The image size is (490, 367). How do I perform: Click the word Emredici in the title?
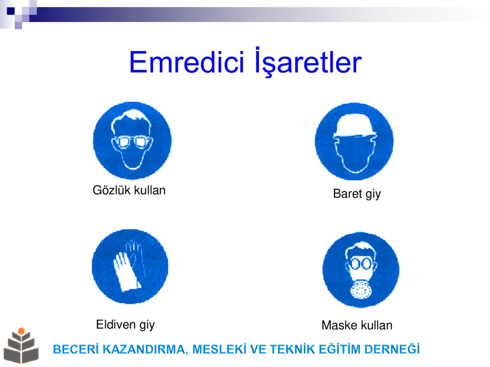(186, 62)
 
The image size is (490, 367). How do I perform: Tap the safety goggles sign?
(132, 141)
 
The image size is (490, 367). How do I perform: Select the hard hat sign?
(354, 141)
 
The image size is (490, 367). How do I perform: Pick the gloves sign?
(130, 267)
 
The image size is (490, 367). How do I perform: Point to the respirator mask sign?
(361, 270)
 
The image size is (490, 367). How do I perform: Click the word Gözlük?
(111, 190)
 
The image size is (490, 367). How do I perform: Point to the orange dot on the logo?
(21, 331)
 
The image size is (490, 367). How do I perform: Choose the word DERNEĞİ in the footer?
(392, 349)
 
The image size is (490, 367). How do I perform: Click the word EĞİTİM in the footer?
(339, 349)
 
